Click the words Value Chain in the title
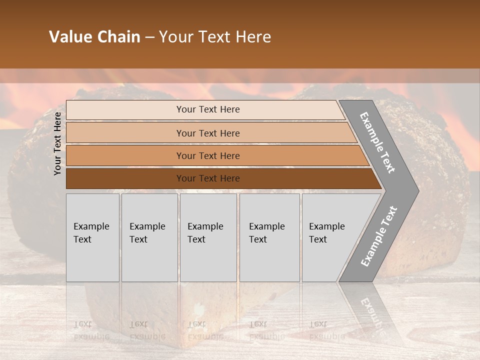pyautogui.click(x=94, y=37)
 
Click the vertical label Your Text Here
pyautogui.click(x=57, y=143)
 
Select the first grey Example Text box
pyautogui.click(x=92, y=237)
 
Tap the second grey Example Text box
pyautogui.click(x=149, y=237)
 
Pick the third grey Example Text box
pyautogui.click(x=208, y=237)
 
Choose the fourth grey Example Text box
pyautogui.click(x=269, y=237)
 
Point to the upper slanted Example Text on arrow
pyautogui.click(x=377, y=142)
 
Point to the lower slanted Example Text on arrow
pyautogui.click(x=379, y=236)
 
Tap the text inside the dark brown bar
pyautogui.click(x=208, y=178)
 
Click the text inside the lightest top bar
pyautogui.click(x=208, y=109)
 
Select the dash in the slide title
pyautogui.click(x=149, y=37)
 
